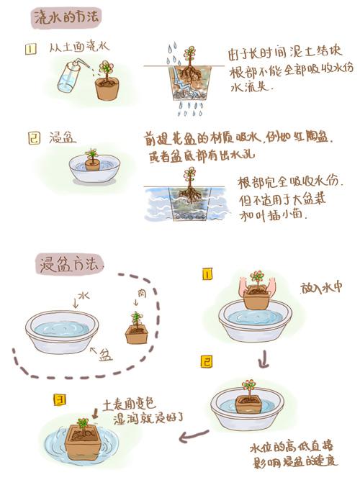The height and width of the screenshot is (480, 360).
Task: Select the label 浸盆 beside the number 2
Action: click(61, 135)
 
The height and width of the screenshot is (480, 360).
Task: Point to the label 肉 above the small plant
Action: click(141, 294)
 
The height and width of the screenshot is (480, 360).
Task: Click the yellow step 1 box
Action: click(207, 274)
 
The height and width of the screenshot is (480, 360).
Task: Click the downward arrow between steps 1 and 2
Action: click(264, 356)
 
